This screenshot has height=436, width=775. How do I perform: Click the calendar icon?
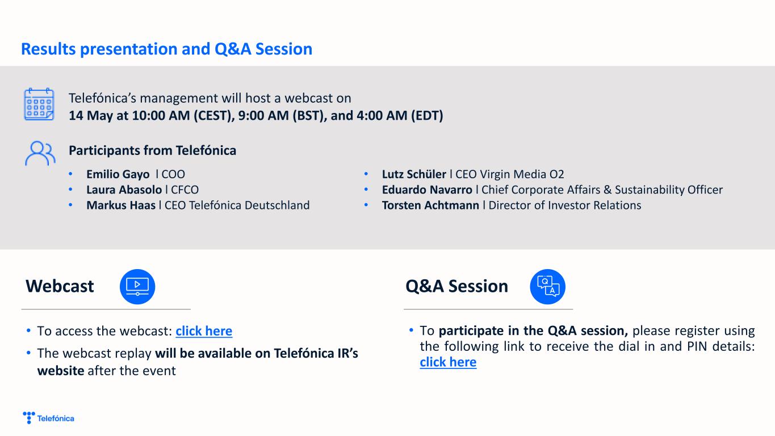[39, 104]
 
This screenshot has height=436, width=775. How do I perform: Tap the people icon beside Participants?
[40, 153]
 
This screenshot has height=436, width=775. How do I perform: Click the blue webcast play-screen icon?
[137, 287]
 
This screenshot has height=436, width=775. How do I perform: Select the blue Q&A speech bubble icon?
[548, 287]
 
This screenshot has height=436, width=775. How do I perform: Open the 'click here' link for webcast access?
[204, 331]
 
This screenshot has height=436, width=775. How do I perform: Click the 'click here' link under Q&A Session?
[448, 362]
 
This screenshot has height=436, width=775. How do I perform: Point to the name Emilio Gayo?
[118, 174]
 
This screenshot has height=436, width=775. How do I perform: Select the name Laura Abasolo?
[124, 190]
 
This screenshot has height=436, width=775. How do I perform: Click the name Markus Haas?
[121, 205]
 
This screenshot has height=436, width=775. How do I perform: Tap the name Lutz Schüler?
[414, 174]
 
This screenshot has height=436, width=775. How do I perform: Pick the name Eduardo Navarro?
[427, 190]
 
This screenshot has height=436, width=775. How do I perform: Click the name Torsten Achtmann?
[430, 205]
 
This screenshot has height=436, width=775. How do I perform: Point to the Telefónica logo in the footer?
[48, 418]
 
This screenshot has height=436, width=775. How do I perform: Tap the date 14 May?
[91, 116]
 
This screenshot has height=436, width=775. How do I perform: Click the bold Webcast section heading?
[60, 286]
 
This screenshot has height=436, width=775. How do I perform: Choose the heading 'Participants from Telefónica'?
[152, 150]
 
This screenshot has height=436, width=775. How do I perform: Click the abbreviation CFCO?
[185, 190]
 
